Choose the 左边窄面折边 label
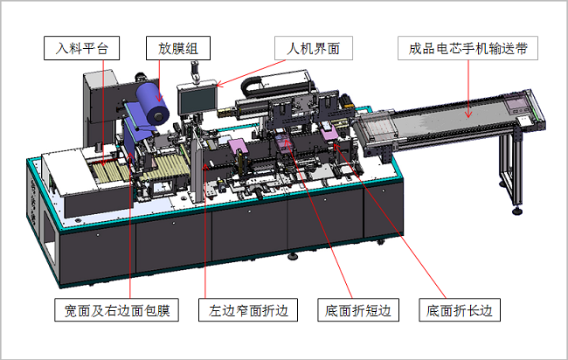coord(249,310)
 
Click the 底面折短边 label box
coord(362,310)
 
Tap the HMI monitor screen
coord(195,101)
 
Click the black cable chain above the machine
coord(262,82)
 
